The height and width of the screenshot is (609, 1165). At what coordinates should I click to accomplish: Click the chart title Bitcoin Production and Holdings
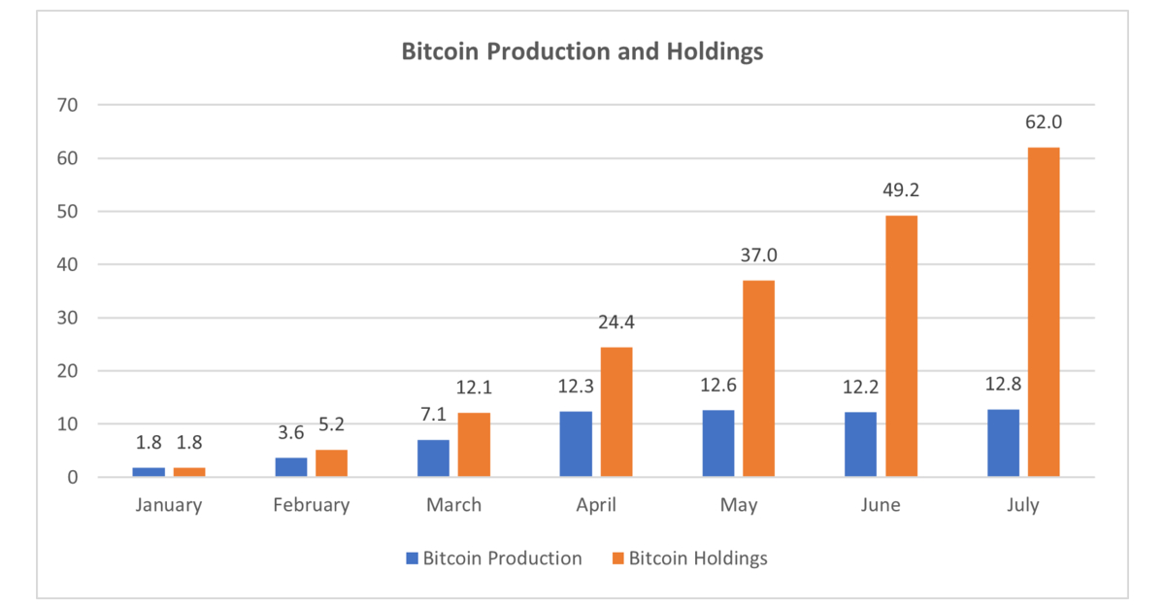(x=582, y=52)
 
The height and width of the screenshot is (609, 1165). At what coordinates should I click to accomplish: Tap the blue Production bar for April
(x=576, y=444)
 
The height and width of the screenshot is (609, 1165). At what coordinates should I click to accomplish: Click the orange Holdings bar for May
(x=758, y=379)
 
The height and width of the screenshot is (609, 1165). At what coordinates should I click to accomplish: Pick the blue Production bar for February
(x=291, y=467)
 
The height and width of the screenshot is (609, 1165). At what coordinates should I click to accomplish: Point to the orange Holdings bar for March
(x=474, y=445)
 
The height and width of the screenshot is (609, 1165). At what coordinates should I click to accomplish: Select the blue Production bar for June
(x=860, y=444)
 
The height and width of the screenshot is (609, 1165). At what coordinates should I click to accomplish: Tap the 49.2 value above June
(x=901, y=190)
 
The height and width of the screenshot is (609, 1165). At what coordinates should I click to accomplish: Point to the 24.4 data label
(x=616, y=322)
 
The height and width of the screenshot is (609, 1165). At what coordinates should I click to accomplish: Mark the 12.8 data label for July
(x=1003, y=385)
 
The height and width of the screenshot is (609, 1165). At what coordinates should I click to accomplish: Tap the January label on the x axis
(x=169, y=505)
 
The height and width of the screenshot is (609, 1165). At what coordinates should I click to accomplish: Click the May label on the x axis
(x=738, y=505)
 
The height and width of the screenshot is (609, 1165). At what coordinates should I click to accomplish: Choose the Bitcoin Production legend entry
(x=493, y=558)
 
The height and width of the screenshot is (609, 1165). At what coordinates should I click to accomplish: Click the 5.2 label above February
(x=331, y=424)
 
